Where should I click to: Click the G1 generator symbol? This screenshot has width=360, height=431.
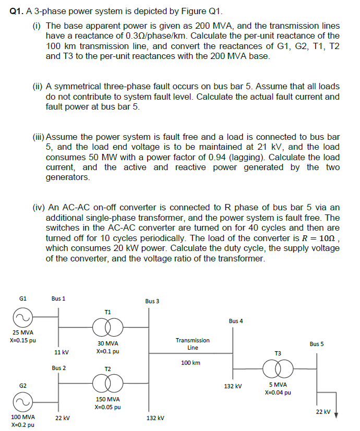[x=23, y=318]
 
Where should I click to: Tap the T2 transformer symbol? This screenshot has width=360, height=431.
[x=107, y=385]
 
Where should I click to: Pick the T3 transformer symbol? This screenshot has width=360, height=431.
[x=278, y=370]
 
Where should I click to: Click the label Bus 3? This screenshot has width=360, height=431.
[x=152, y=301]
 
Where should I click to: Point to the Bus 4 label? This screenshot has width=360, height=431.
[x=236, y=321]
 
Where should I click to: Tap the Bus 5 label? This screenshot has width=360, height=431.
[x=317, y=344]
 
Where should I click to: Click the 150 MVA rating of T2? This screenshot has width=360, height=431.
[x=108, y=399]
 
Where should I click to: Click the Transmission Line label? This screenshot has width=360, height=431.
[x=193, y=343]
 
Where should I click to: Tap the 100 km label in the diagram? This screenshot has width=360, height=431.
[x=191, y=362]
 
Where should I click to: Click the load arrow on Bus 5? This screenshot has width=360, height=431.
[x=336, y=414]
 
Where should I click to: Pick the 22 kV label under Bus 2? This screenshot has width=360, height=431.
[x=62, y=418]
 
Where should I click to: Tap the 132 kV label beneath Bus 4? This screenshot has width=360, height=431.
[x=233, y=386]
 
